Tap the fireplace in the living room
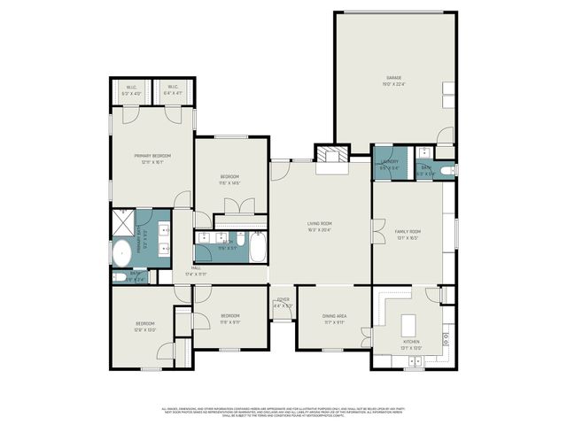pos(331,156)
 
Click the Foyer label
pos(283,302)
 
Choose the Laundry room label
pos(390,163)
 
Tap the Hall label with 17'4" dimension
pos(195,271)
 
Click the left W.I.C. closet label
pos(131,89)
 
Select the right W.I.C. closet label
pos(173,89)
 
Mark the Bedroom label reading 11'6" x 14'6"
pos(229,179)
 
